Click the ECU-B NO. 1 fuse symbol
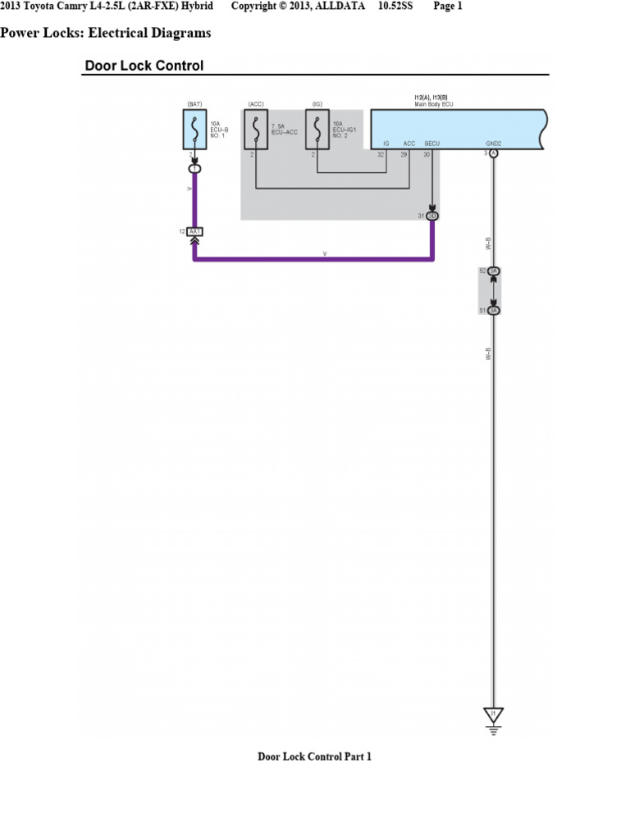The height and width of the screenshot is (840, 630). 194,130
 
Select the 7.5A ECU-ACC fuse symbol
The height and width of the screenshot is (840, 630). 256,130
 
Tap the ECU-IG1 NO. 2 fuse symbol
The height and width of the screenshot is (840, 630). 317,130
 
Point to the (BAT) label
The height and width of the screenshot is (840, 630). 194,104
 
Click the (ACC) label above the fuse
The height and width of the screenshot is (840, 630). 255,104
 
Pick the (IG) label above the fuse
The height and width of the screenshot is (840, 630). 317,104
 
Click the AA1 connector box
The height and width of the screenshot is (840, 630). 194,232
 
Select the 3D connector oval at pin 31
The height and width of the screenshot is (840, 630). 432,216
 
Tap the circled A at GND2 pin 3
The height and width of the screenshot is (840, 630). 494,153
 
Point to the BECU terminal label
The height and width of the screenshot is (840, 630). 432,144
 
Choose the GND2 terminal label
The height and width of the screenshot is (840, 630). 493,144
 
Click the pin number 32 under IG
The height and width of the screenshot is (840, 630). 381,153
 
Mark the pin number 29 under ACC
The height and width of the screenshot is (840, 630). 404,153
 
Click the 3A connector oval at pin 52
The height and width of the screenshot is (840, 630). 494,271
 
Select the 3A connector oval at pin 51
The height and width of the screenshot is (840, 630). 494,310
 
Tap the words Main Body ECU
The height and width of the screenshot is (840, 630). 434,104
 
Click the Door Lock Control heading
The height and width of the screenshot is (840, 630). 144,66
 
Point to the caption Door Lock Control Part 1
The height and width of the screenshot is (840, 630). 314,756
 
